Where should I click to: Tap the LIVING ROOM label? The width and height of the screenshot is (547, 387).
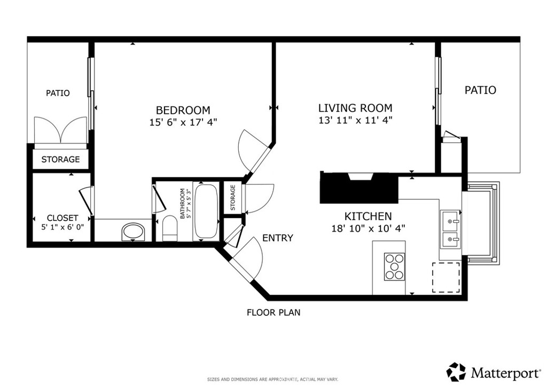pos(355,107)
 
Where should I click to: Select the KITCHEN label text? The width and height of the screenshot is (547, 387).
pos(368,216)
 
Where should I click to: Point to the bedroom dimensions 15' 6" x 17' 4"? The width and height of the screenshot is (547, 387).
pos(183,122)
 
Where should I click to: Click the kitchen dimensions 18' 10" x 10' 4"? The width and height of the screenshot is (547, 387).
pos(368,228)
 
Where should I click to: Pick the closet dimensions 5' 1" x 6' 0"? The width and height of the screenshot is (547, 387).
pos(62,226)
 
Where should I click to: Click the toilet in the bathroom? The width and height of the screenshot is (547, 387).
pos(170,228)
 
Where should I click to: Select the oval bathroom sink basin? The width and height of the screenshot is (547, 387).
pos(134,233)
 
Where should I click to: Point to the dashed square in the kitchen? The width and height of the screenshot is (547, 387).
pos(446,277)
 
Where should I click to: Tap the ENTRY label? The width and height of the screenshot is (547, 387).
pos(277,238)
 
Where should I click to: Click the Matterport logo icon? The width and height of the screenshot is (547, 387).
pos(456,371)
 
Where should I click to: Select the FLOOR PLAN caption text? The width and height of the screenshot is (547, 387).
pos(273,313)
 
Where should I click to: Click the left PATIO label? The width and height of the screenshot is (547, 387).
pos(58,93)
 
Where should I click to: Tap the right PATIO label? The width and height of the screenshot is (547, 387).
pos(480,90)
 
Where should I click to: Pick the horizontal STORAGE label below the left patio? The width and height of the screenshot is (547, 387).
pos(60,159)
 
